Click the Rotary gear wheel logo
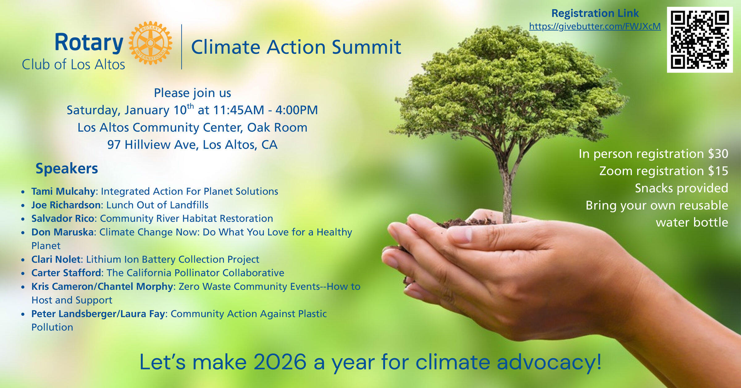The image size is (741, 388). [x=150, y=43]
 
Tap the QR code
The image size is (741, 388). [x=700, y=40]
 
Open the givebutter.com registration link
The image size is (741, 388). [x=595, y=26]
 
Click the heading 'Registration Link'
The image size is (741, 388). [x=595, y=13]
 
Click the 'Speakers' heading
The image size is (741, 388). [x=67, y=169]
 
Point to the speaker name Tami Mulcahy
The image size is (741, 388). [x=63, y=192]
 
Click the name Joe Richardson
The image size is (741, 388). [x=66, y=205]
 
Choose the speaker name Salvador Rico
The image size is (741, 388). [x=63, y=218]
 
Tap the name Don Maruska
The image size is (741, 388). [x=62, y=232]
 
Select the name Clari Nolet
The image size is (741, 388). [x=56, y=259]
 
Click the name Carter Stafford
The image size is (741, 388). [x=66, y=273]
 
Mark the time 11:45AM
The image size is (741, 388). [x=239, y=110]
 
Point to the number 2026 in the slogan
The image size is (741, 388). [x=280, y=362]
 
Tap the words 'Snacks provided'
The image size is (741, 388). [x=681, y=188]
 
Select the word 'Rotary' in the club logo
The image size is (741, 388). [x=89, y=43]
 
